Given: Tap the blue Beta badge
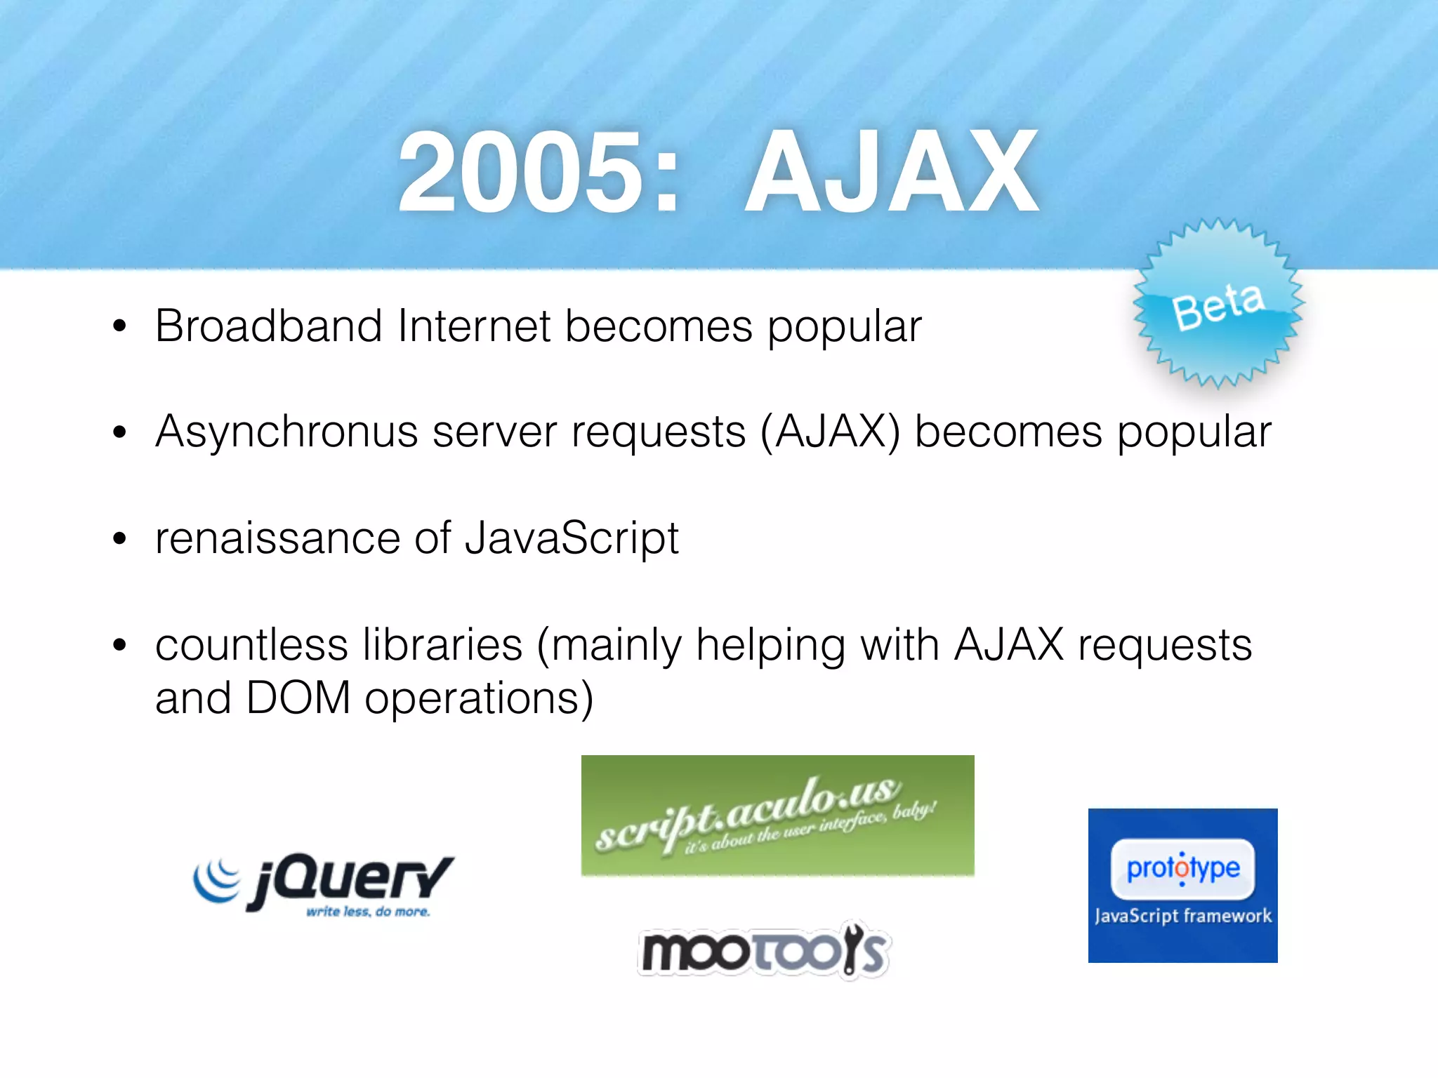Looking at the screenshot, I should click(x=1219, y=303).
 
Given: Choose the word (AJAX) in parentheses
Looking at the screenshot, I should click(x=830, y=432).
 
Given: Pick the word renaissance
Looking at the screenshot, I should click(x=277, y=538).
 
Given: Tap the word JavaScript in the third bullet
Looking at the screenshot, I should click(x=572, y=538).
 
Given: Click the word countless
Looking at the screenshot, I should click(x=251, y=645).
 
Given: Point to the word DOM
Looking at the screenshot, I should click(x=298, y=698).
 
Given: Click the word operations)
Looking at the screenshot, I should click(x=479, y=700).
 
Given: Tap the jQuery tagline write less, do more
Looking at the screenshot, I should click(x=368, y=912).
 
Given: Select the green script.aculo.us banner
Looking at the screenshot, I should click(x=777, y=815).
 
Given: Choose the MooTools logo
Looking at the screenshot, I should click(x=764, y=950).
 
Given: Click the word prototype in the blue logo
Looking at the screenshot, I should click(x=1183, y=869).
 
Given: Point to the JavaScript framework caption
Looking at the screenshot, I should click(x=1183, y=916).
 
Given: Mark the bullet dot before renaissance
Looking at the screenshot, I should click(x=119, y=539).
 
